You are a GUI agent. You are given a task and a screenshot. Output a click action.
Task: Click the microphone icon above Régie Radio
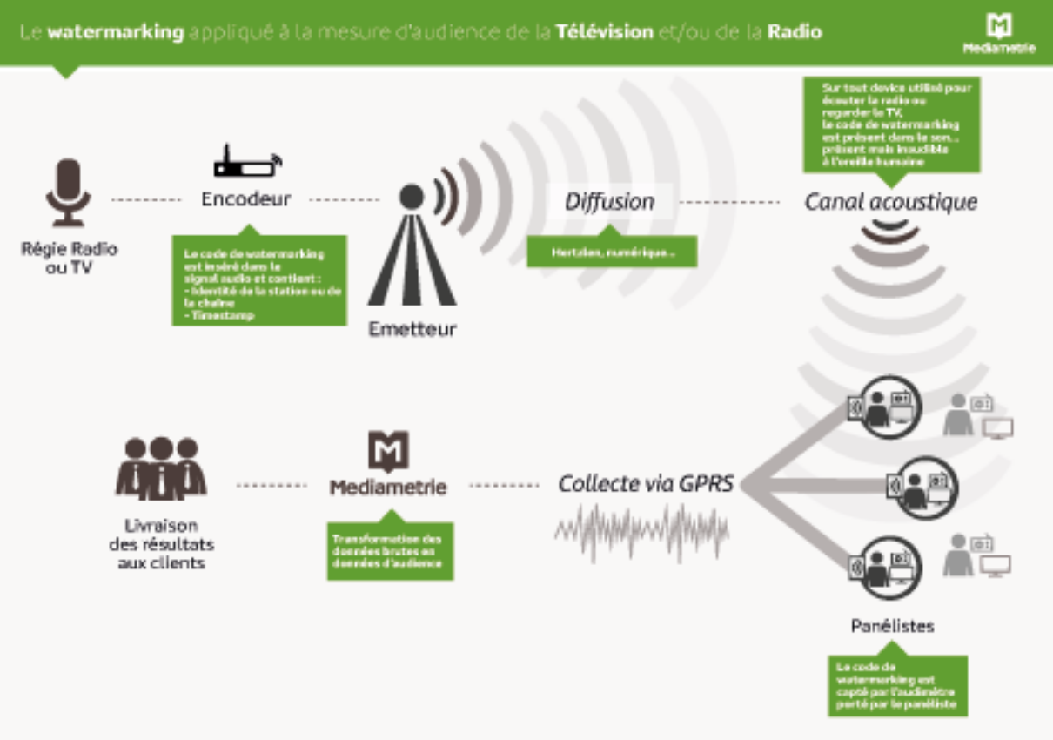pyautogui.click(x=68, y=192)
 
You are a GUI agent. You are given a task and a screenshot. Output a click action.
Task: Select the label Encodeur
pyautogui.click(x=246, y=199)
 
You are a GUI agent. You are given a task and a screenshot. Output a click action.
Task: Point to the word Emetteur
pyautogui.click(x=412, y=330)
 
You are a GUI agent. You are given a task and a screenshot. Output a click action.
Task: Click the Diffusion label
pyautogui.click(x=609, y=202)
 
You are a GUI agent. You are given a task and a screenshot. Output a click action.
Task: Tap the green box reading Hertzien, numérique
pyautogui.click(x=612, y=252)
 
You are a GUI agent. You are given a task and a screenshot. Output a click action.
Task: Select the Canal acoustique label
pyautogui.click(x=890, y=202)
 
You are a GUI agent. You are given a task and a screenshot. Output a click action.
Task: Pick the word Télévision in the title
pyautogui.click(x=605, y=32)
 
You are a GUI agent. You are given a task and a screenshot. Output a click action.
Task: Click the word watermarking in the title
pyautogui.click(x=116, y=32)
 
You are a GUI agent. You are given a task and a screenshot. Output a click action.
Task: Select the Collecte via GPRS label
pyautogui.click(x=646, y=484)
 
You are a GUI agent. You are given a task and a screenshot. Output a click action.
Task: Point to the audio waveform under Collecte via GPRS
pyautogui.click(x=642, y=528)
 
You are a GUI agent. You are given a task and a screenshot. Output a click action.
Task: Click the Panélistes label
pyautogui.click(x=892, y=626)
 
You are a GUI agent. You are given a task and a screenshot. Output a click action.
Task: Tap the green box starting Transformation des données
pyautogui.click(x=390, y=551)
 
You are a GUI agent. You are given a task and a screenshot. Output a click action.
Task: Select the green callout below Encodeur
pyautogui.click(x=258, y=279)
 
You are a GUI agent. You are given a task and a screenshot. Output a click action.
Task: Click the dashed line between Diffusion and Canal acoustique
pyautogui.click(x=729, y=203)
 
